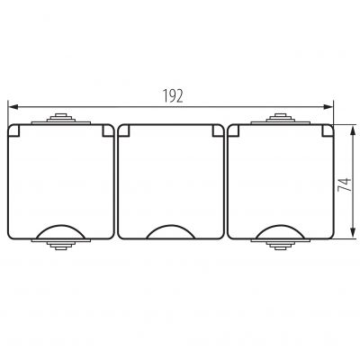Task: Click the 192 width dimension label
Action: pyautogui.click(x=173, y=96)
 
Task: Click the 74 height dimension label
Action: pyautogui.click(x=345, y=184)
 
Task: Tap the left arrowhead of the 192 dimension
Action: pyautogui.click(x=14, y=106)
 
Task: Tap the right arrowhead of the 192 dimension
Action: pyautogui.click(x=328, y=106)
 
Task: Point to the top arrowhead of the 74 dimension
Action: pyautogui.click(x=354, y=131)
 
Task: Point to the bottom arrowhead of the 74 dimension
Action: pyautogui.click(x=354, y=233)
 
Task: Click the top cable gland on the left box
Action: pyautogui.click(x=61, y=119)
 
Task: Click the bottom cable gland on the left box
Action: pyautogui.click(x=61, y=244)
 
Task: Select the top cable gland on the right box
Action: pyautogui.click(x=281, y=119)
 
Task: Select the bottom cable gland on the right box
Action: pyautogui.click(x=281, y=244)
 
